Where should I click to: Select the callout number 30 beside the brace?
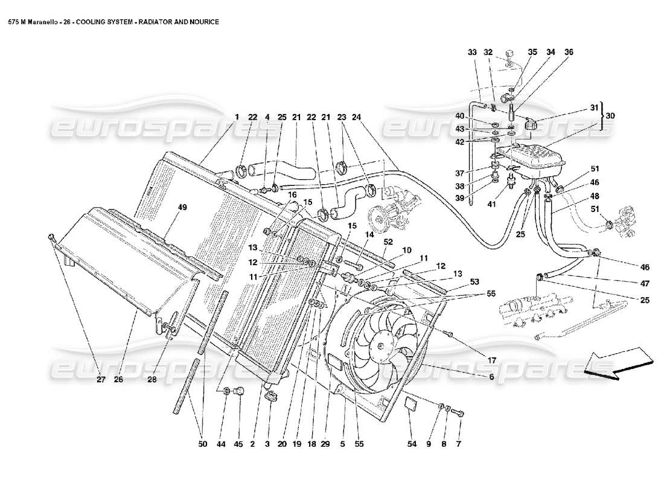[x=610, y=115]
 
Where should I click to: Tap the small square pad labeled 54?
[x=410, y=403]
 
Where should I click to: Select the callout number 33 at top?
[x=472, y=53]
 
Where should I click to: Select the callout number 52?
[x=388, y=241]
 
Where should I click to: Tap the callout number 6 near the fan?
[x=491, y=377]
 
